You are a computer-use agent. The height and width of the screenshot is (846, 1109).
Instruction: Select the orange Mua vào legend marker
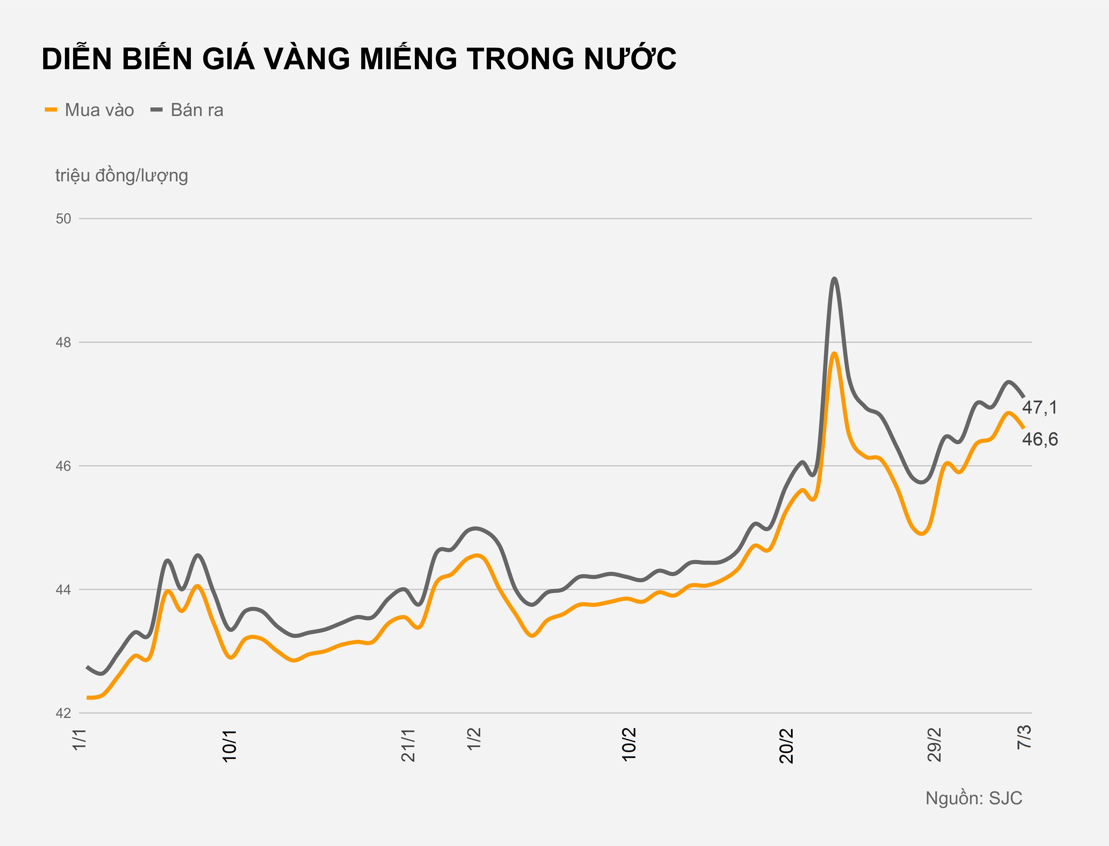pyautogui.click(x=51, y=110)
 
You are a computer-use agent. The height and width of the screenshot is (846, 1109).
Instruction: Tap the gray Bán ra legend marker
pyautogui.click(x=157, y=110)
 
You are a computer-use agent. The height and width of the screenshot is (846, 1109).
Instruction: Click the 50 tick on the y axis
pyautogui.click(x=63, y=218)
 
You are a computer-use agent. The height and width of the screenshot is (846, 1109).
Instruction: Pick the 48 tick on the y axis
pyautogui.click(x=63, y=342)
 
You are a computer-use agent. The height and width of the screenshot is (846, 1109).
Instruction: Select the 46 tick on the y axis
pyautogui.click(x=63, y=466)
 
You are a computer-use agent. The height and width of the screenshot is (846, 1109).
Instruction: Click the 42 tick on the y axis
pyautogui.click(x=63, y=713)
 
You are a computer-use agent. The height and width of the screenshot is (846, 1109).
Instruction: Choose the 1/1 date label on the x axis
pyautogui.click(x=80, y=739)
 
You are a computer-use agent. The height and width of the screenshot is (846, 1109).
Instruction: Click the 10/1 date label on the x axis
pyautogui.click(x=230, y=745)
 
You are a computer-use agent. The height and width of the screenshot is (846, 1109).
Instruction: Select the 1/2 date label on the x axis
pyautogui.click(x=474, y=739)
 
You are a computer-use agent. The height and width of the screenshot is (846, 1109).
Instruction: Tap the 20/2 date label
pyautogui.click(x=786, y=745)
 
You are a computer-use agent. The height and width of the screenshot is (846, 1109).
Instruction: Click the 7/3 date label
pyautogui.click(x=1024, y=737)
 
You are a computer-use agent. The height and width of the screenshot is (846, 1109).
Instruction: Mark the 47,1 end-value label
pyautogui.click(x=1040, y=407)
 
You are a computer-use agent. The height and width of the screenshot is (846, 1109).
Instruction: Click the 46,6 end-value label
pyautogui.click(x=1040, y=439)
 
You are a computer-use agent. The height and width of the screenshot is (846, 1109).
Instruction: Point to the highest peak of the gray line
pyautogui.click(x=834, y=279)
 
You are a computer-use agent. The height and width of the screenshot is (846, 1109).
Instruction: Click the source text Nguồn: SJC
pyautogui.click(x=973, y=798)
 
